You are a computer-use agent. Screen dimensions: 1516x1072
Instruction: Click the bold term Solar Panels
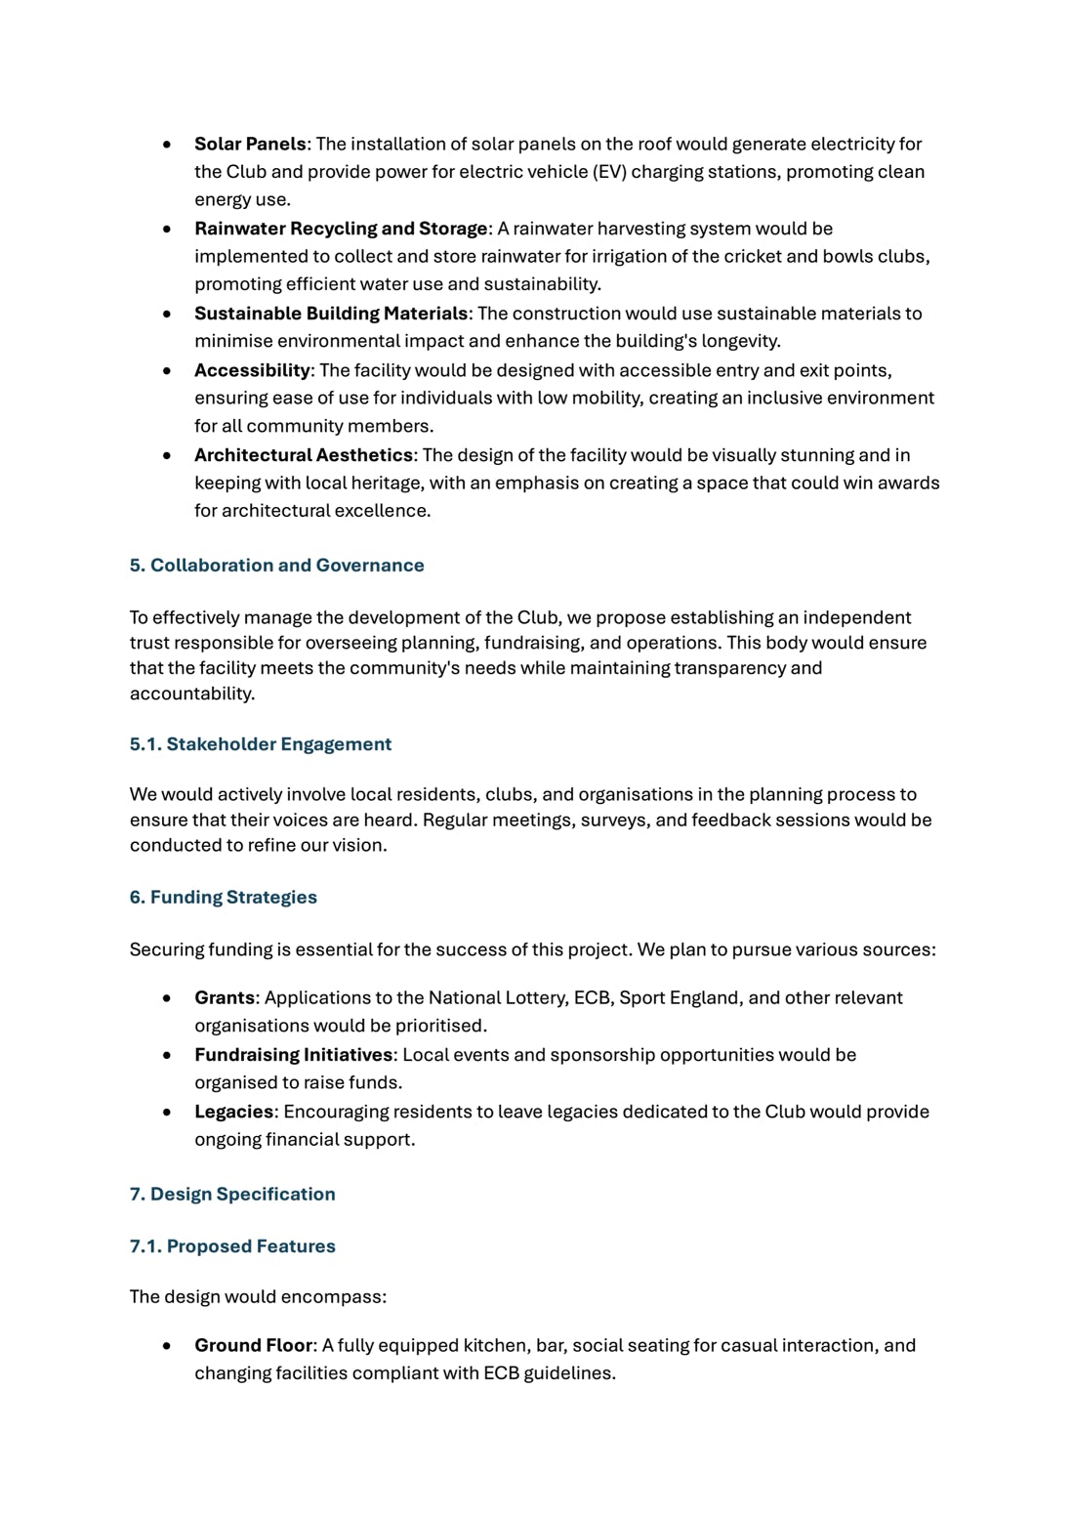pyautogui.click(x=250, y=144)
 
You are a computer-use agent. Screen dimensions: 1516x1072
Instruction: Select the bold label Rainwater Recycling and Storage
pyautogui.click(x=341, y=229)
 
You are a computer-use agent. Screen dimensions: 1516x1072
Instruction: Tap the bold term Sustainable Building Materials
pyautogui.click(x=331, y=314)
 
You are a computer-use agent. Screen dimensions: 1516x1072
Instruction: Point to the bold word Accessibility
pyautogui.click(x=252, y=370)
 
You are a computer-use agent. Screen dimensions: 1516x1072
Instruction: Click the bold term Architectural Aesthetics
pyautogui.click(x=304, y=455)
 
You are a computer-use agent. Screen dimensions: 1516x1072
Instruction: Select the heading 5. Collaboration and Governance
pyautogui.click(x=276, y=566)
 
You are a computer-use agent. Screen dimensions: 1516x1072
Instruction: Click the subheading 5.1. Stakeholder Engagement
pyautogui.click(x=260, y=744)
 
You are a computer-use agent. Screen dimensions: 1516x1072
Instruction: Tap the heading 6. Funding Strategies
pyautogui.click(x=223, y=898)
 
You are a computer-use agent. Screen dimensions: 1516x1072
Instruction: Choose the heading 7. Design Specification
pyautogui.click(x=231, y=1194)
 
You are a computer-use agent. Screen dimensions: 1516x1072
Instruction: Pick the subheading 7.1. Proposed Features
pyautogui.click(x=231, y=1246)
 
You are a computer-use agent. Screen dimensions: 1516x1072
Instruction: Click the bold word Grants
pyautogui.click(x=225, y=998)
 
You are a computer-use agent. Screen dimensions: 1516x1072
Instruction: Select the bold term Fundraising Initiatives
pyautogui.click(x=293, y=1055)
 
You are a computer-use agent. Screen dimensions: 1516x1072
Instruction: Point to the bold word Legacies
pyautogui.click(x=233, y=1112)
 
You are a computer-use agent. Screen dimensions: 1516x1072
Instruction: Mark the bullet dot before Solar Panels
pyautogui.click(x=168, y=145)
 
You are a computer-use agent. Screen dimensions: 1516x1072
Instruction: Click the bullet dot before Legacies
pyautogui.click(x=168, y=1113)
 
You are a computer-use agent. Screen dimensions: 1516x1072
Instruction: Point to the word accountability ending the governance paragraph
pyautogui.click(x=191, y=694)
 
